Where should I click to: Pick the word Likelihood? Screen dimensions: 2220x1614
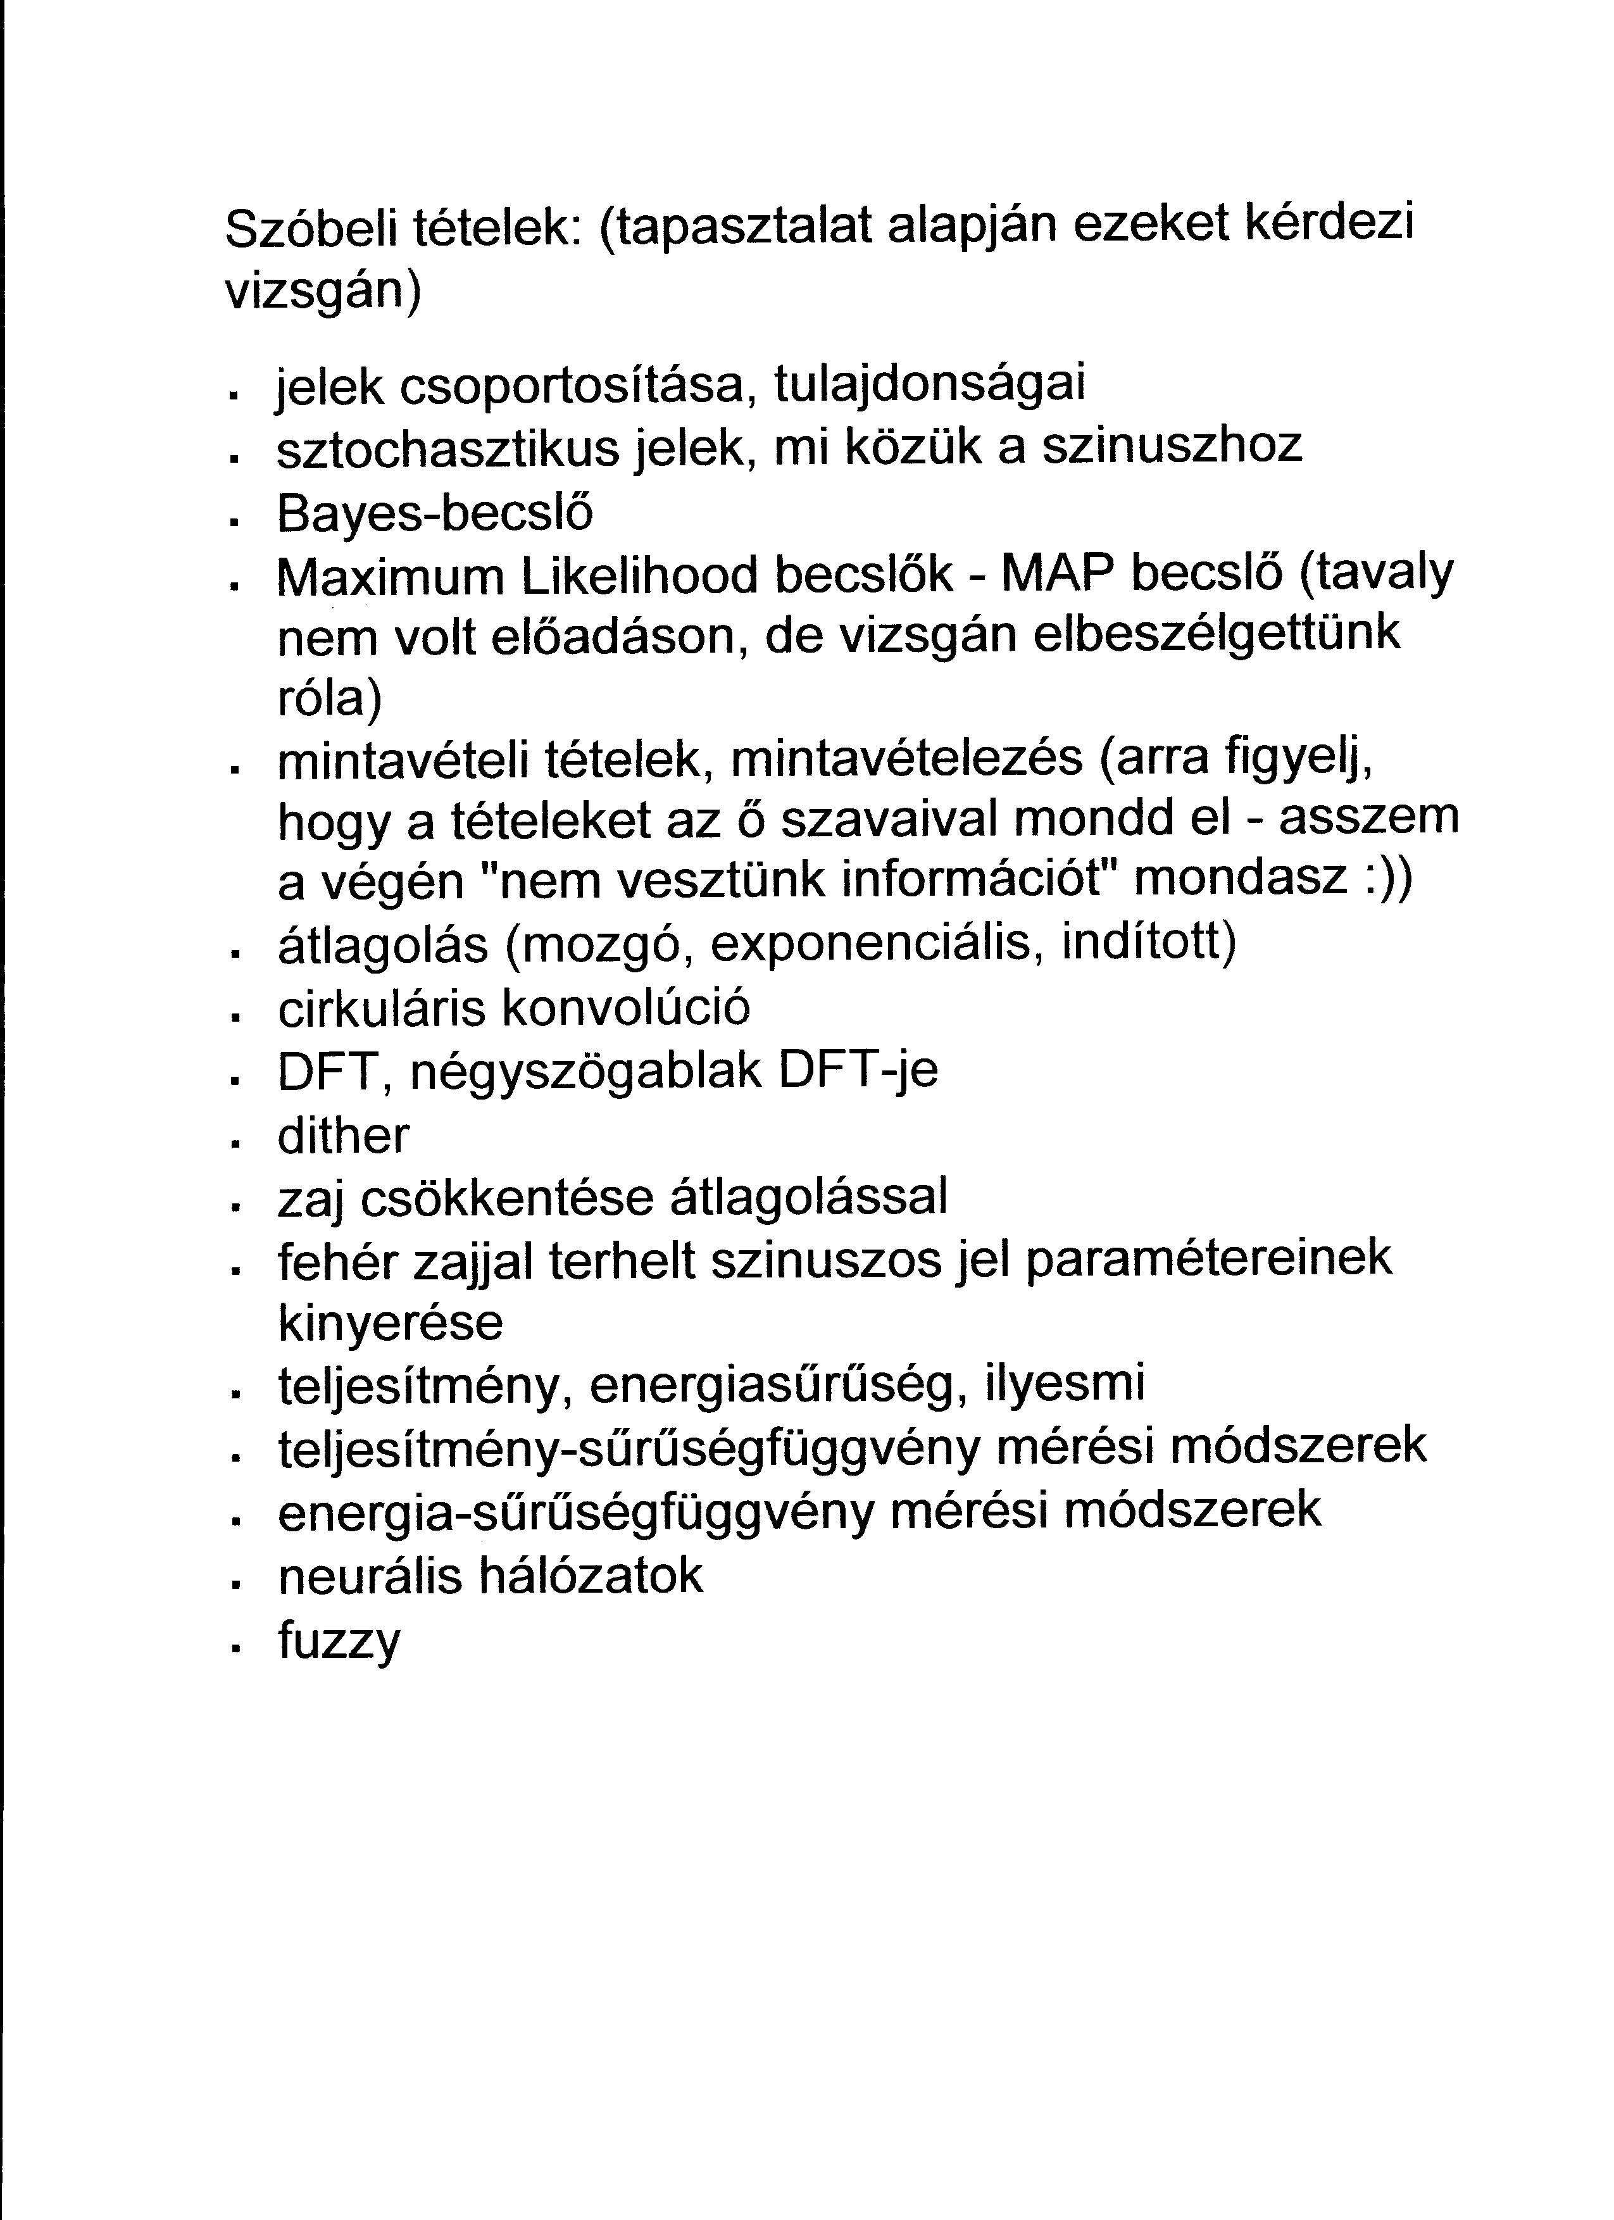point(639,577)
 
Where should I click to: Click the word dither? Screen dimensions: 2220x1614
point(342,1136)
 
